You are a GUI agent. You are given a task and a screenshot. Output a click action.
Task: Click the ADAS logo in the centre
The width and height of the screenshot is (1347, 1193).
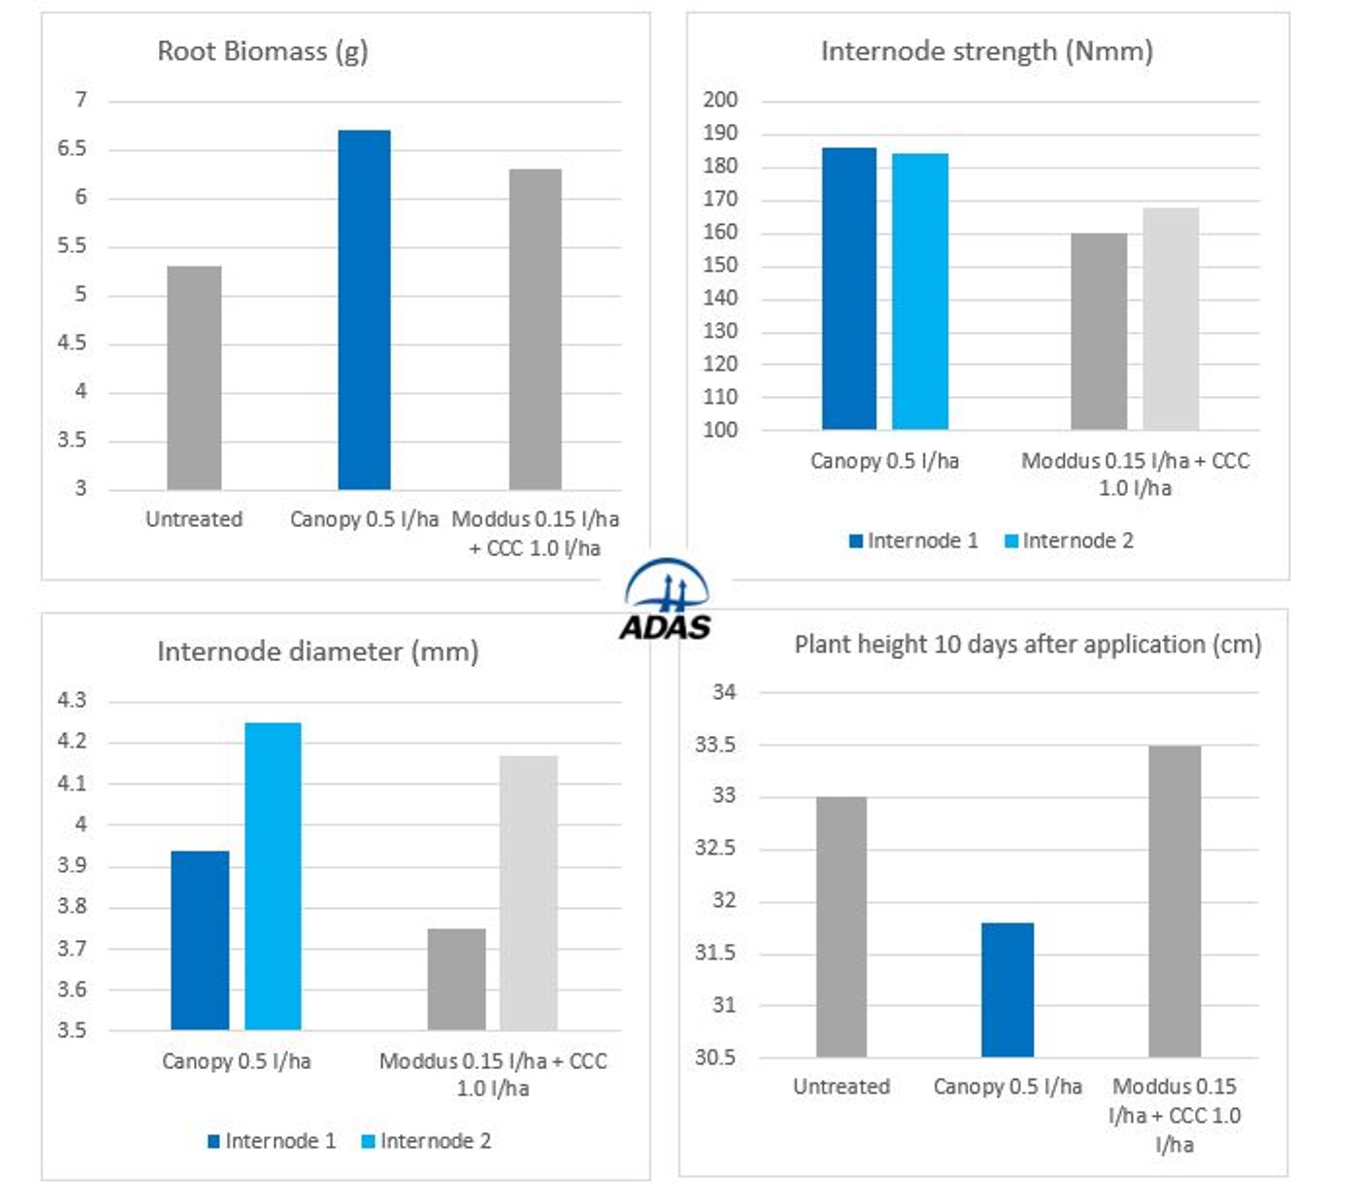pos(665,600)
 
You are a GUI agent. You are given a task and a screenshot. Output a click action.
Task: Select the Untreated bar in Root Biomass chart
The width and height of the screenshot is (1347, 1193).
pos(194,378)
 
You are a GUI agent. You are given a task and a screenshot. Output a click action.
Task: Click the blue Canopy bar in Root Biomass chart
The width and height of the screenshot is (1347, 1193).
pos(364,310)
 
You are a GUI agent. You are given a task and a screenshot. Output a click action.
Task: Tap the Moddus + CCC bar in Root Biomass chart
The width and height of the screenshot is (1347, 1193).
pos(535,329)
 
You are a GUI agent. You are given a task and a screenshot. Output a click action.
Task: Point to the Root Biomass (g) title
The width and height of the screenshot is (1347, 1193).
pos(263,52)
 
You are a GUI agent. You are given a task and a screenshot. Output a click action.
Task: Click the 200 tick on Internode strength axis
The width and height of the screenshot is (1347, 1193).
pos(720,100)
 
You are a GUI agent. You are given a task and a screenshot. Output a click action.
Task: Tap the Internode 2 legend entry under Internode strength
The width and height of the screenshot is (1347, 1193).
pos(1069,541)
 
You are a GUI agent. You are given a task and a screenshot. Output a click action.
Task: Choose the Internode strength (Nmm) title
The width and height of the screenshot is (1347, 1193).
pos(987,52)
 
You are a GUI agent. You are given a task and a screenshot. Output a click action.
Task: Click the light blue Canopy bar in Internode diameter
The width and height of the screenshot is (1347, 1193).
pos(273,876)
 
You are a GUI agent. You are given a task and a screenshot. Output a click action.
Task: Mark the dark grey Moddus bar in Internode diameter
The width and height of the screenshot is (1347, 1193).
pos(457,979)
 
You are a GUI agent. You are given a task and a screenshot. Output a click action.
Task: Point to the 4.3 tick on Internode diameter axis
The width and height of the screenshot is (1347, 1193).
pos(72,700)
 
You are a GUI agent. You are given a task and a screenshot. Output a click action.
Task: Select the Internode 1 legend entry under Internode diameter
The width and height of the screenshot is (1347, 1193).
pos(271,1141)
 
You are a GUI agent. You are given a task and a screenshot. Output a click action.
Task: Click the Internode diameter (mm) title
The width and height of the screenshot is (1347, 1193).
pos(318,652)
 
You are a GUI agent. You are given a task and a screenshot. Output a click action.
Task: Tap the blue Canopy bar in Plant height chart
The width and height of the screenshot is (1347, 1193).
pos(1007,990)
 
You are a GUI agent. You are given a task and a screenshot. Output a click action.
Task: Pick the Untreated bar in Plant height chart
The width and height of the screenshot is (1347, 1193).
pos(841,927)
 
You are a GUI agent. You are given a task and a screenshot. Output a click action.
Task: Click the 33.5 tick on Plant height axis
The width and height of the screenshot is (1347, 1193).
pos(715,745)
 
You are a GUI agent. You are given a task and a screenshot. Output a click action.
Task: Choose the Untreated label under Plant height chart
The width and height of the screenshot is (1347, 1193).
pos(841,1087)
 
